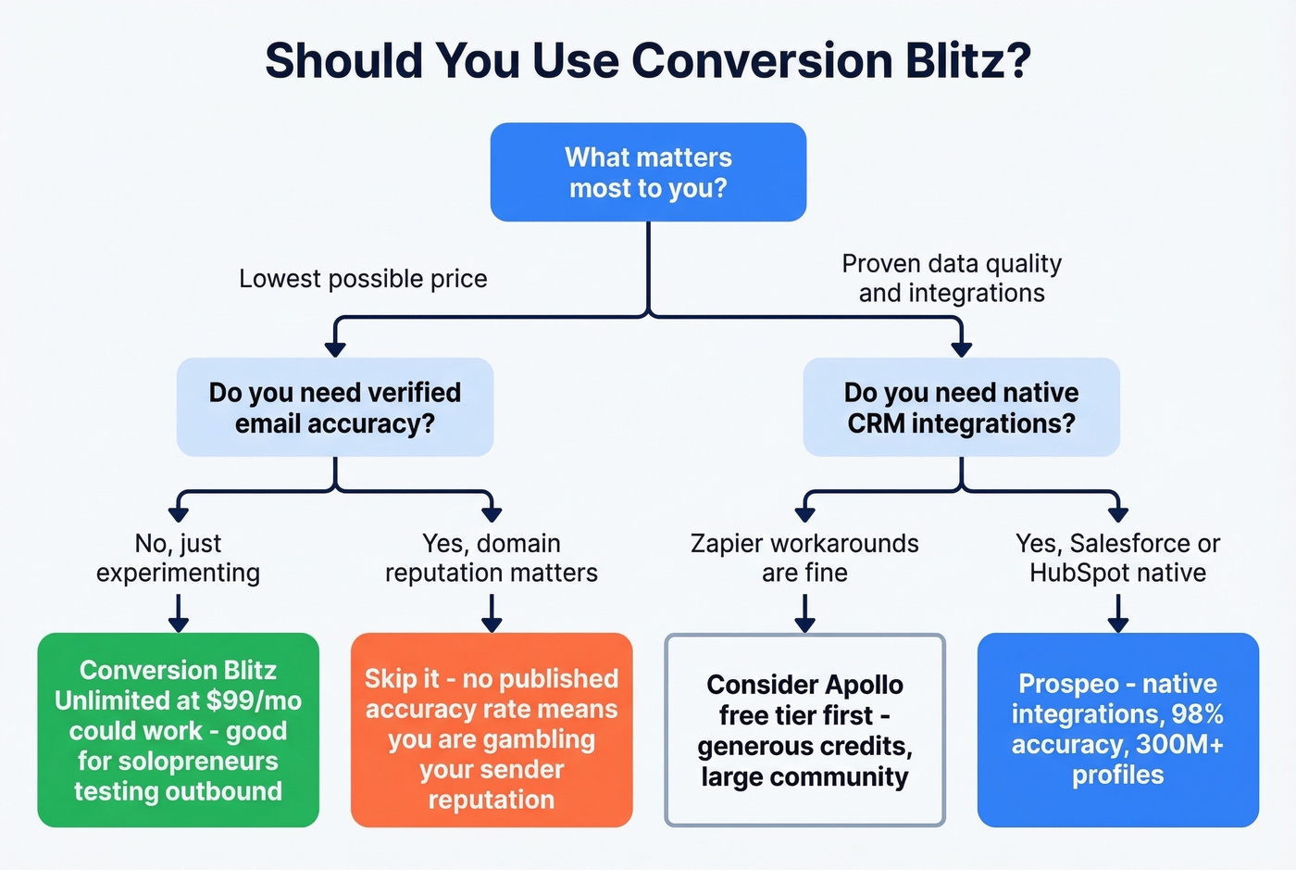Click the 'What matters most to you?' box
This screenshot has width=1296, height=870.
click(x=648, y=172)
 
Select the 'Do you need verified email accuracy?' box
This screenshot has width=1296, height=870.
click(x=334, y=408)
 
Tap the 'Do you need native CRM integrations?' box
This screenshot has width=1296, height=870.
click(x=961, y=408)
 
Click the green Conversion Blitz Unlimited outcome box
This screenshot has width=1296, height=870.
click(x=178, y=730)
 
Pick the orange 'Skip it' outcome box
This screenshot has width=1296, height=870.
click(x=492, y=730)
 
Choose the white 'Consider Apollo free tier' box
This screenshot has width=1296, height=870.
click(x=804, y=730)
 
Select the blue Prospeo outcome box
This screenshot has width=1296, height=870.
click(x=1117, y=730)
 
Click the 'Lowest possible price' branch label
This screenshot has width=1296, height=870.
click(x=363, y=279)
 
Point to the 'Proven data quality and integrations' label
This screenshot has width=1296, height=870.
click(x=952, y=278)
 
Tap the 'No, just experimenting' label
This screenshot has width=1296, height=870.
click(x=178, y=558)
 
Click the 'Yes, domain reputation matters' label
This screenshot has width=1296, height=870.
click(x=492, y=558)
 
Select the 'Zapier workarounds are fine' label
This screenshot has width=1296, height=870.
click(x=804, y=558)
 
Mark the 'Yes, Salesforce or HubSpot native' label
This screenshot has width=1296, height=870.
click(x=1117, y=558)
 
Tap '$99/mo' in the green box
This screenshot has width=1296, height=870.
click(x=258, y=700)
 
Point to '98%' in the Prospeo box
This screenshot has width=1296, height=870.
click(x=1198, y=714)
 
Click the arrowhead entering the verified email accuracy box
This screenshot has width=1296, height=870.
click(x=335, y=349)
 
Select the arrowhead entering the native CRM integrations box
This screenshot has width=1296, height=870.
click(x=962, y=349)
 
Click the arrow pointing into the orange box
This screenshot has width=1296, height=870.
click(x=492, y=624)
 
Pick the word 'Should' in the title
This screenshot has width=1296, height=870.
click(x=343, y=61)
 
